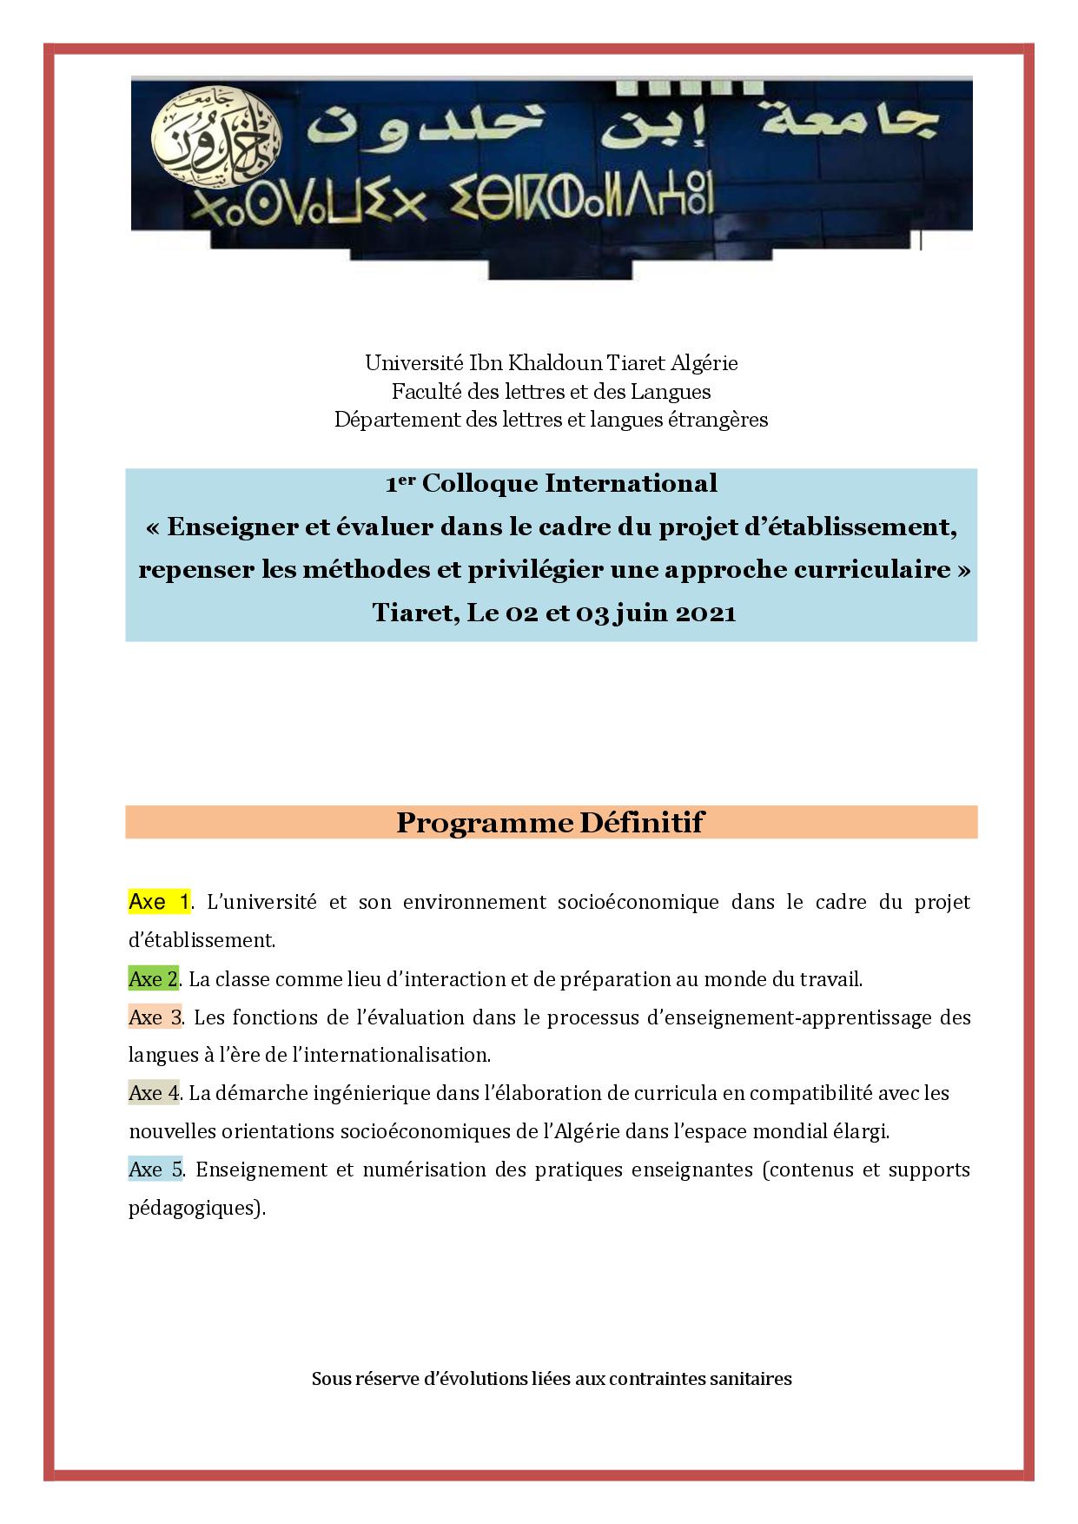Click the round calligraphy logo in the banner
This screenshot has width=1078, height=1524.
click(216, 142)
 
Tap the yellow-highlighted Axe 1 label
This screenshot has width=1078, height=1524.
click(159, 902)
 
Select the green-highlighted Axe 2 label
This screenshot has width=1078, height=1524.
click(153, 979)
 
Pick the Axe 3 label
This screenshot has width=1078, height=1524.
click(155, 1017)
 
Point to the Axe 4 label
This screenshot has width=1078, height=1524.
click(154, 1093)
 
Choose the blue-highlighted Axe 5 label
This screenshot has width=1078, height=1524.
click(155, 1170)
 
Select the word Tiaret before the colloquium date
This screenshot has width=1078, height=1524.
click(411, 613)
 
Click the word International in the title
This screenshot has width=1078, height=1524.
click(631, 483)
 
